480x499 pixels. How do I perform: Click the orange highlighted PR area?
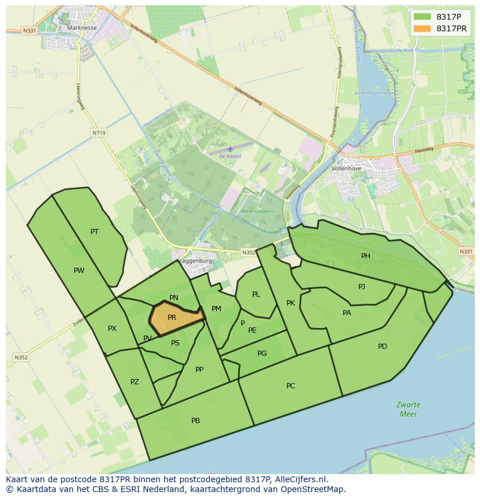174,318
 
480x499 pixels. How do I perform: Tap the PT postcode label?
94,232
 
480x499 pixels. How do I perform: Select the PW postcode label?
79,271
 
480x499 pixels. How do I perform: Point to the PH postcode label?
366,256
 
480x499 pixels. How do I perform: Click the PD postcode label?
383,347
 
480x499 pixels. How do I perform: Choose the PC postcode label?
291,386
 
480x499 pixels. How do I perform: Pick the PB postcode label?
196,421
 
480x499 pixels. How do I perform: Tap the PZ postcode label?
134,382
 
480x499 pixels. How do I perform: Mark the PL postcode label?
256,294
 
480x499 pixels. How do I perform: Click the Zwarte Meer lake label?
408,409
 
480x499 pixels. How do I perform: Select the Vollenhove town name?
346,168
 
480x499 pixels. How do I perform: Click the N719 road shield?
99,133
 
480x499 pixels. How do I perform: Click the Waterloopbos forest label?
257,212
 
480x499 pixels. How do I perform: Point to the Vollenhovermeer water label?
374,93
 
